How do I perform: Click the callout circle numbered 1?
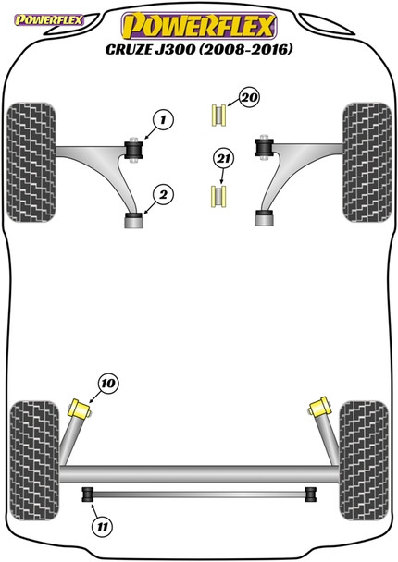(x=163, y=120)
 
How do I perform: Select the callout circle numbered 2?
(x=163, y=195)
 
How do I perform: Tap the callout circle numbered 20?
(x=249, y=97)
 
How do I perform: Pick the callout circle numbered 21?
(x=224, y=158)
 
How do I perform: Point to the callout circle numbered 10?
(x=108, y=384)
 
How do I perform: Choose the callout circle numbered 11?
(x=103, y=527)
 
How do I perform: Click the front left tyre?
(x=31, y=162)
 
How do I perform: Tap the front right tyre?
(x=367, y=162)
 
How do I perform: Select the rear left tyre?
(x=34, y=460)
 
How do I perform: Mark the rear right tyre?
(x=364, y=460)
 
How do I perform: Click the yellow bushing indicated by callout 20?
(x=218, y=115)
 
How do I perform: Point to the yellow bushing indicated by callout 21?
(x=218, y=196)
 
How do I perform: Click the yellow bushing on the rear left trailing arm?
(x=80, y=409)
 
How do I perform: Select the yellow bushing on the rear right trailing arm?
(x=318, y=407)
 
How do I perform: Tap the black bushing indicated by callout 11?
(x=88, y=495)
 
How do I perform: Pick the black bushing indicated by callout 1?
(x=133, y=150)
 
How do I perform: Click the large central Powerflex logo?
(x=199, y=26)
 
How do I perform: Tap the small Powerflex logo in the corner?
(x=49, y=19)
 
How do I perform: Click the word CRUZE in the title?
(x=129, y=49)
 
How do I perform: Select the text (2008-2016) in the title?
(x=246, y=49)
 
